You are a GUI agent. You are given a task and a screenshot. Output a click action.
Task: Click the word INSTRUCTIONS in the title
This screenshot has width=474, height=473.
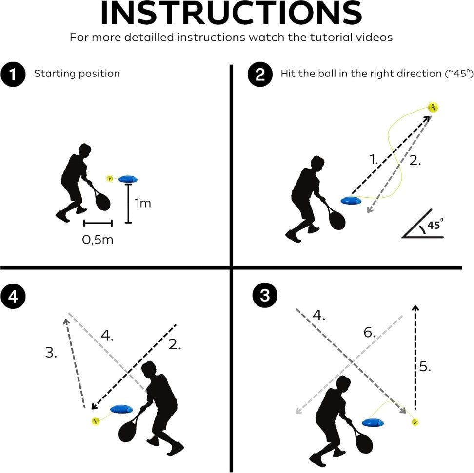231,15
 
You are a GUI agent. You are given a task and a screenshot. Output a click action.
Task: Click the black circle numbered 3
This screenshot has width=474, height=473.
264,297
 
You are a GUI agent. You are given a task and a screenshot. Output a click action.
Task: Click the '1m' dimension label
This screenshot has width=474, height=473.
143,203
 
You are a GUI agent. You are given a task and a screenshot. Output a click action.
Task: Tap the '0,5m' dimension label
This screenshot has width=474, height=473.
98,240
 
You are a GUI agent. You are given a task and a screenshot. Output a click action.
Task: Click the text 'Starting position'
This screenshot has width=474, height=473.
77,74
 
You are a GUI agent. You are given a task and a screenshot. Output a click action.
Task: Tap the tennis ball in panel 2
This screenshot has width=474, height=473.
433,107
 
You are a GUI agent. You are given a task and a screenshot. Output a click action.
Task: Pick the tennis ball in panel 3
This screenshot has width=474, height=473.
415,421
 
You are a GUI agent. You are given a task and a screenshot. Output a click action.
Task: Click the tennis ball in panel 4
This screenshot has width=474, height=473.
96,420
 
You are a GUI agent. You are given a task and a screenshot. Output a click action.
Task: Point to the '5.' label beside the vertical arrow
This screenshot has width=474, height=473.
425,366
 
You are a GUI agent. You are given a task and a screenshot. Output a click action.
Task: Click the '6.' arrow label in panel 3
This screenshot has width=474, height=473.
370,333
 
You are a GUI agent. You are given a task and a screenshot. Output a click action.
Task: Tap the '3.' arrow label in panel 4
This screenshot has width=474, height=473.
51,353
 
